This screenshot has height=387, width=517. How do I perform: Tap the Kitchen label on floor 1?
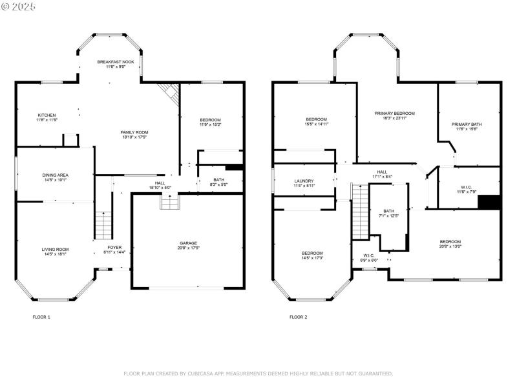pyautogui.click(x=47, y=115)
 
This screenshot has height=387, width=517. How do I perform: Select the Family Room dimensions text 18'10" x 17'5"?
pyautogui.click(x=134, y=137)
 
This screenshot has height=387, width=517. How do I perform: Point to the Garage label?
pyautogui.click(x=188, y=243)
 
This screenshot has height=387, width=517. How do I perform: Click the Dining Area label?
pyautogui.click(x=56, y=175)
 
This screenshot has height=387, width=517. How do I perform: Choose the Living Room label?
pyautogui.click(x=56, y=249)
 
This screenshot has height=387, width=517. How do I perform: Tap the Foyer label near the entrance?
pyautogui.click(x=114, y=247)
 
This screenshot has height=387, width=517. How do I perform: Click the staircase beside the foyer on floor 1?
pyautogui.click(x=103, y=226)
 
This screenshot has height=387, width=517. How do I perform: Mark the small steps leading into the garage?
pyautogui.click(x=169, y=203)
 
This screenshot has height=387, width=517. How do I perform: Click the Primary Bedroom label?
pyautogui.click(x=394, y=114)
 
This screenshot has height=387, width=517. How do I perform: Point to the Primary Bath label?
pyautogui.click(x=466, y=124)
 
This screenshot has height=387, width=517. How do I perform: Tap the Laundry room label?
pyautogui.click(x=304, y=181)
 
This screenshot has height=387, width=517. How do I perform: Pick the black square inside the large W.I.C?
pyautogui.click(x=489, y=201)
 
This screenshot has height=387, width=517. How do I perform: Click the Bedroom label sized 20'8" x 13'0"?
pyautogui.click(x=450, y=242)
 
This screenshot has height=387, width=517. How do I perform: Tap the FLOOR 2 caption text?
pyautogui.click(x=298, y=317)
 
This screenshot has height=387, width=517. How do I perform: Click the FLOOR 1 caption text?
pyautogui.click(x=41, y=317)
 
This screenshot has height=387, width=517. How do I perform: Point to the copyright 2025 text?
pyautogui.click(x=19, y=6)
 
